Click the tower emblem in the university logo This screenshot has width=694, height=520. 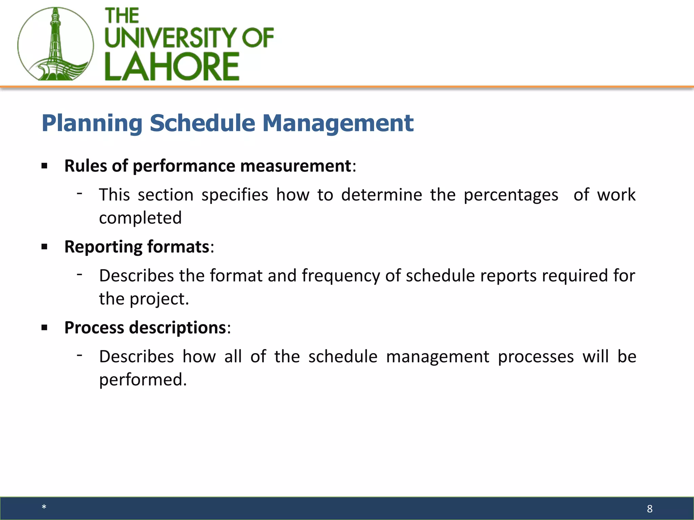tap(56, 44)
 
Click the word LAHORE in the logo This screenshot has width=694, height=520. tap(172, 67)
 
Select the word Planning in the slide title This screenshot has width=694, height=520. tap(92, 123)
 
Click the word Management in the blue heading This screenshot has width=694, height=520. tap(338, 123)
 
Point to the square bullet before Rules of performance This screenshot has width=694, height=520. tap(44, 166)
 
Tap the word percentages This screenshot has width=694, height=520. tap(511, 195)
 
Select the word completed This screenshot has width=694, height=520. tap(140, 218)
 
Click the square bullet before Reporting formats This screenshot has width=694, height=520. tap(44, 247)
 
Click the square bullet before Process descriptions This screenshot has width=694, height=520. tap(44, 328)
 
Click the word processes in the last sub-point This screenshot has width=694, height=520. tap(536, 357)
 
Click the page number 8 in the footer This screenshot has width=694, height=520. tap(649, 508)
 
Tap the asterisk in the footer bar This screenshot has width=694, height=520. tap(44, 507)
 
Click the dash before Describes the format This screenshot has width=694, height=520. tap(80, 274)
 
